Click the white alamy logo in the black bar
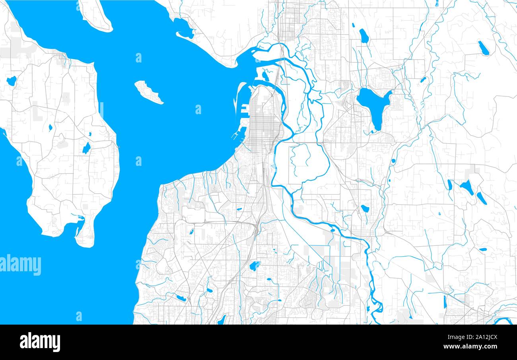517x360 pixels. tap(40, 342)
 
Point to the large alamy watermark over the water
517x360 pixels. tap(20, 265)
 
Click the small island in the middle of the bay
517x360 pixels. tap(148, 92)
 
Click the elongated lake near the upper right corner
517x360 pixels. tap(483, 48)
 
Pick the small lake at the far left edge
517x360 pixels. tap(11, 81)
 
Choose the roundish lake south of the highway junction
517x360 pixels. tap(254, 266)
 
